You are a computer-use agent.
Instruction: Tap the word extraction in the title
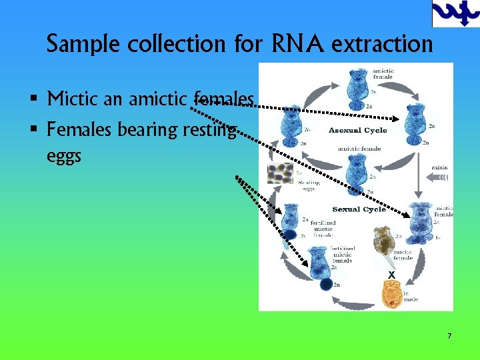coord(381,44)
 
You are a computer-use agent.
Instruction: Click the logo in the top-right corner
coord(455,13)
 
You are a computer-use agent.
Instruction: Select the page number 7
coord(449,336)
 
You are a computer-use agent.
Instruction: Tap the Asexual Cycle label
coord(357,129)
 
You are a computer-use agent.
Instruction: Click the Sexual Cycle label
coord(359,209)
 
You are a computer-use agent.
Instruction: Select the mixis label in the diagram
coord(439,167)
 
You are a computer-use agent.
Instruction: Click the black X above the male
coord(391,275)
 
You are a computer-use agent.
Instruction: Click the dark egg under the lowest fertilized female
coord(326,285)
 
